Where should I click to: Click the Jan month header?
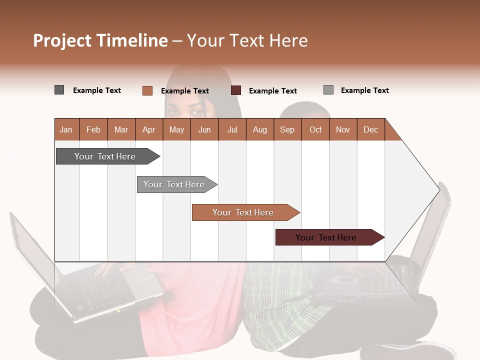(66, 129)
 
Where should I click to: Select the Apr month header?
(148, 129)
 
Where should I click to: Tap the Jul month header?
(232, 129)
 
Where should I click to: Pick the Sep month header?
(287, 129)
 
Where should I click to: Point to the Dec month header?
(370, 129)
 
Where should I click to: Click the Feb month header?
(93, 129)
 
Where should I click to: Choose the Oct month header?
(315, 129)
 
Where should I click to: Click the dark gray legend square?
(59, 90)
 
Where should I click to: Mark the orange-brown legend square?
(147, 90)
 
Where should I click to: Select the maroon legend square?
(236, 90)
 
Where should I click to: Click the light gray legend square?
(328, 90)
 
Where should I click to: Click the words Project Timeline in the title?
(100, 40)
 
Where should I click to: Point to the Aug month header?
(259, 129)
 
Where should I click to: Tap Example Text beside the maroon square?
(272, 91)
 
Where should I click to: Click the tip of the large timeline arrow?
(438, 189)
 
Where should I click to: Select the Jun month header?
(204, 129)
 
